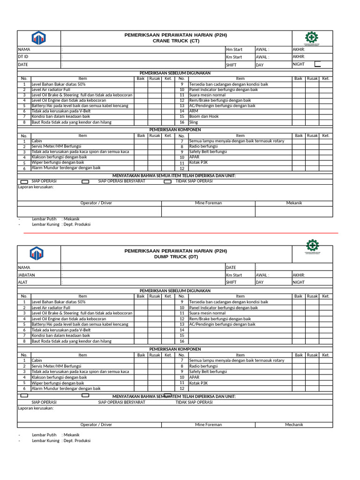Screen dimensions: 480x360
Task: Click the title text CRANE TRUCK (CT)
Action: tap(175, 41)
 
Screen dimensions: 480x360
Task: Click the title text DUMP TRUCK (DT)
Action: tap(175, 257)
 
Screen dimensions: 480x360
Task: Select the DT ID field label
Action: tap(23, 57)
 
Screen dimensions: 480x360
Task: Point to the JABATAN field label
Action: tap(26, 275)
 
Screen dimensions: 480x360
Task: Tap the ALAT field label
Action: tap(23, 283)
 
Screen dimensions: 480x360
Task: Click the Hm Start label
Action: tap(234, 49)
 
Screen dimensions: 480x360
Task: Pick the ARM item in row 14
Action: tap(193, 111)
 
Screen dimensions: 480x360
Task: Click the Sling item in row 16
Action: tap(194, 122)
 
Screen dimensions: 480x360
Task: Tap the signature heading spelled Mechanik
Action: tap(294, 425)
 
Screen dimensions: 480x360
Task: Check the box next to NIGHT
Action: tap(318, 64)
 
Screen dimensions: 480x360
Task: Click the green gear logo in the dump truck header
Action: tap(312, 246)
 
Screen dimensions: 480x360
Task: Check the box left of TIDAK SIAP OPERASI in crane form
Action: tap(167, 181)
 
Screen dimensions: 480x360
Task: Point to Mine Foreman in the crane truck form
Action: tap(208, 203)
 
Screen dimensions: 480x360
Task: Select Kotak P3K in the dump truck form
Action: tap(199, 383)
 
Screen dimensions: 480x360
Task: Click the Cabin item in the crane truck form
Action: tap(37, 141)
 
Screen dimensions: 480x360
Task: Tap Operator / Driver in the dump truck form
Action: tap(96, 425)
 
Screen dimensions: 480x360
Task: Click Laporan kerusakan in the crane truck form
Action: tap(36, 187)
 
